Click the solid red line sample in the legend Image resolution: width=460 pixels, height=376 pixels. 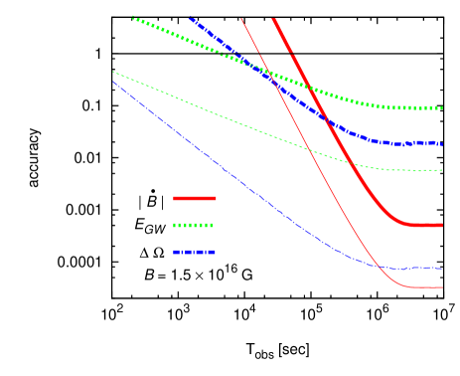click(x=194, y=199)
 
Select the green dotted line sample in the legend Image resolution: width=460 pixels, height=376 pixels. click(x=194, y=226)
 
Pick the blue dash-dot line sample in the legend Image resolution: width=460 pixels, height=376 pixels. click(x=194, y=253)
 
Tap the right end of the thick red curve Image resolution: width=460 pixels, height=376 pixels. click(x=441, y=226)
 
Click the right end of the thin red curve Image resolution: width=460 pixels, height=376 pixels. click(x=441, y=287)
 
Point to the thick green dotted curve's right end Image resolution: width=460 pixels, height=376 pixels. click(x=441, y=107)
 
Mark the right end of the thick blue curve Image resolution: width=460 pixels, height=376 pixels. click(x=441, y=143)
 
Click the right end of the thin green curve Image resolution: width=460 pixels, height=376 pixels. click(x=441, y=170)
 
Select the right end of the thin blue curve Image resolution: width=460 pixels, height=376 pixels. click(x=441, y=268)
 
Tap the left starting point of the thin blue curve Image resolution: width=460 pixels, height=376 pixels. click(x=113, y=81)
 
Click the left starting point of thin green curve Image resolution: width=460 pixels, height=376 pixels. click(x=113, y=72)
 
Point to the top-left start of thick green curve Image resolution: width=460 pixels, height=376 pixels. click(x=133, y=18)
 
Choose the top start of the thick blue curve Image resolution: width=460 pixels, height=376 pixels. click(x=190, y=18)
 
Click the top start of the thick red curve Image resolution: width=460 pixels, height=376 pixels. click(x=274, y=18)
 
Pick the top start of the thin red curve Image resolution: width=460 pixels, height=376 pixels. click(x=241, y=18)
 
